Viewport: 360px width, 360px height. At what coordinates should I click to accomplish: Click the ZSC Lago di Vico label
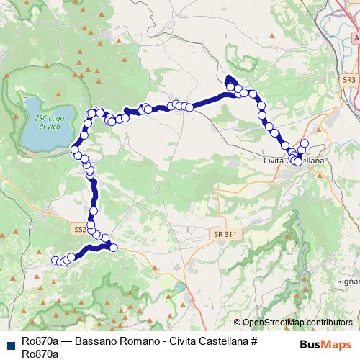pos(45,120)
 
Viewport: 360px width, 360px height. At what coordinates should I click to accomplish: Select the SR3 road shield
pos(349,80)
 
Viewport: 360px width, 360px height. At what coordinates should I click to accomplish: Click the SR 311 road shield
pos(225,235)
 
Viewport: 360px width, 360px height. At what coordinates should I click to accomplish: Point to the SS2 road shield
pos(79,229)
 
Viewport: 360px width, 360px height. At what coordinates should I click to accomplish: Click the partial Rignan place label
pos(348,280)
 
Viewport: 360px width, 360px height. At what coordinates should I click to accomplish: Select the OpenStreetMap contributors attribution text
pos(297,323)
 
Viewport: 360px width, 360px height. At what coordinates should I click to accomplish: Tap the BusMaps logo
pos(325,343)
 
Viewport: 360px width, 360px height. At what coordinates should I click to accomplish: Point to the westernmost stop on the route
pos(55,260)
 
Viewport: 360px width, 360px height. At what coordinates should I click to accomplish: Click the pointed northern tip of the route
pos(229,78)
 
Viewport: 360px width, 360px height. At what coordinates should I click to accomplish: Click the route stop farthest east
pos(305,143)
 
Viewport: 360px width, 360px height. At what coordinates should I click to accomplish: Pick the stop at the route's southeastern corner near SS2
pos(113,248)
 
